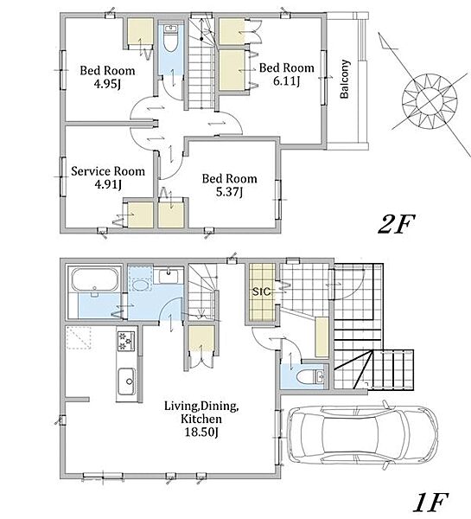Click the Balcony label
(x=345, y=79)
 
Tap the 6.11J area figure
(x=286, y=81)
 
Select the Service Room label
(x=108, y=171)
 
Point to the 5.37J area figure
(x=229, y=192)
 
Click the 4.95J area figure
(x=107, y=84)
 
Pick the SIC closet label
(x=261, y=292)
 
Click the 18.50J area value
(x=201, y=432)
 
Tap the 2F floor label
(x=396, y=224)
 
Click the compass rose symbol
(x=430, y=99)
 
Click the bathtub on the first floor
(x=95, y=279)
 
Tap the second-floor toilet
(x=170, y=39)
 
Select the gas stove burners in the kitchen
(x=126, y=341)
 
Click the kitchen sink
(x=126, y=381)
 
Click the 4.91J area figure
(x=108, y=185)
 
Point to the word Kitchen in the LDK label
(x=201, y=419)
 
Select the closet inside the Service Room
(x=140, y=215)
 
